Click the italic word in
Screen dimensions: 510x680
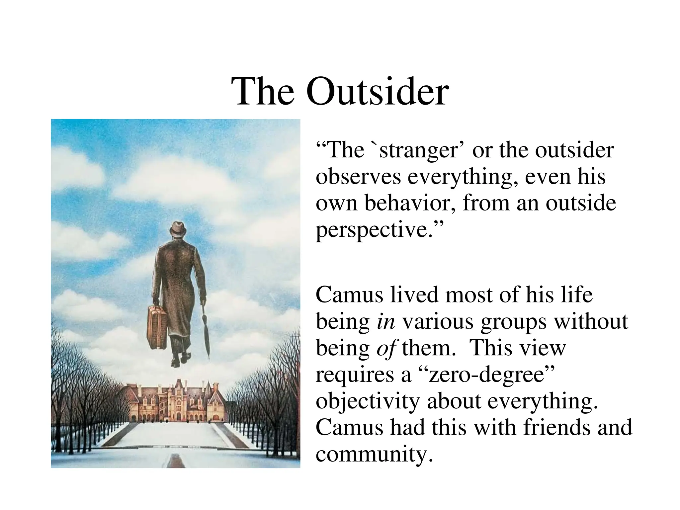386,321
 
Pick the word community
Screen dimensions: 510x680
375,454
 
